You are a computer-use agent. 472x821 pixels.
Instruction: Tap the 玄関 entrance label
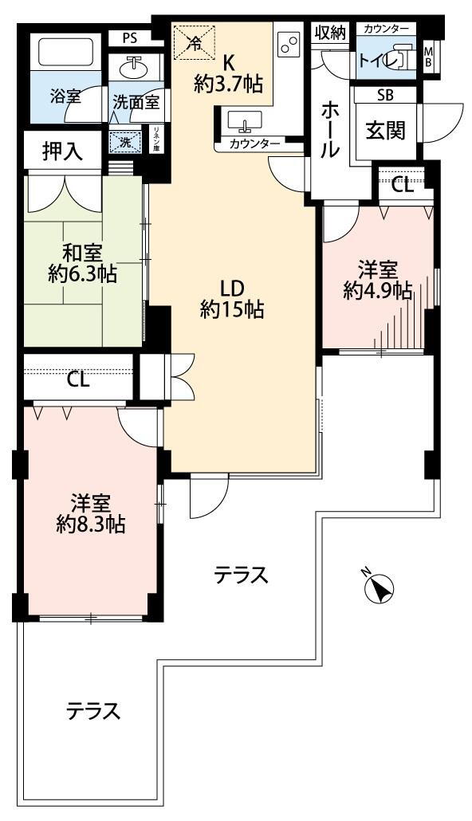pyautogui.click(x=385, y=130)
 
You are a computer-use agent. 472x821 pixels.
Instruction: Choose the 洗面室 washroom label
pyautogui.click(x=136, y=102)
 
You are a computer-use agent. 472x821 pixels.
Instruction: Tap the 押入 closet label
pyautogui.click(x=62, y=152)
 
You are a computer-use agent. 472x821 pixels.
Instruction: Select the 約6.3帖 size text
pyautogui.click(x=82, y=275)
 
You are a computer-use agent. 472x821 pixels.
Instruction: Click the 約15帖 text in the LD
pyautogui.click(x=232, y=310)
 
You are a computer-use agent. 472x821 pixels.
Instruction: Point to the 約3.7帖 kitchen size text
pyautogui.click(x=229, y=83)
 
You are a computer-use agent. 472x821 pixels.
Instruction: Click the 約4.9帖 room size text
pyautogui.click(x=378, y=290)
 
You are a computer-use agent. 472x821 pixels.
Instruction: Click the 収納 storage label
pyautogui.click(x=329, y=33)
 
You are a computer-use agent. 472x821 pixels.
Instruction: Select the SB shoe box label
pyautogui.click(x=385, y=95)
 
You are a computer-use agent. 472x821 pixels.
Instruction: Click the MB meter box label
pyautogui.click(x=429, y=57)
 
